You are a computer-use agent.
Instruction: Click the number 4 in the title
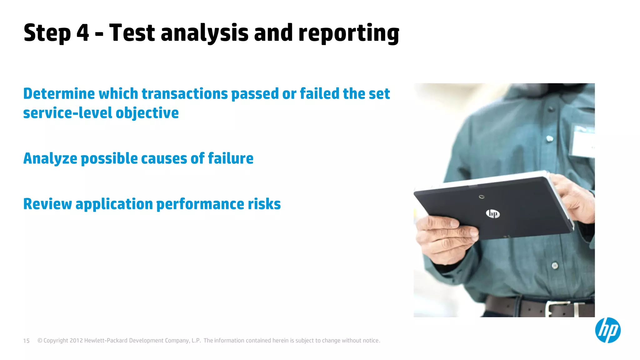pos(82,33)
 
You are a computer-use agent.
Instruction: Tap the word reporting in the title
pos(349,34)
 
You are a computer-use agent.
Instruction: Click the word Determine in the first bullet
pos(59,94)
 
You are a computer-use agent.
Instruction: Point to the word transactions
pos(185,94)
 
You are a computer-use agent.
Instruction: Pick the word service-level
pos(67,113)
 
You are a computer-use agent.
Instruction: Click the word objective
pos(147,113)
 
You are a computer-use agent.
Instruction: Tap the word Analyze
pos(50,159)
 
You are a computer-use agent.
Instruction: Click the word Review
pos(47,204)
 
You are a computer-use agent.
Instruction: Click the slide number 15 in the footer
pos(26,341)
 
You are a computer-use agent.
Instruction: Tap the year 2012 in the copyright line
pos(76,341)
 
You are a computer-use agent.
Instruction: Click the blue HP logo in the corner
pos(607,330)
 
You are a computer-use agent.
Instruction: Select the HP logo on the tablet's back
pos(492,214)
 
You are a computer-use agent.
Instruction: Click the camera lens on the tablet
pos(482,197)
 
